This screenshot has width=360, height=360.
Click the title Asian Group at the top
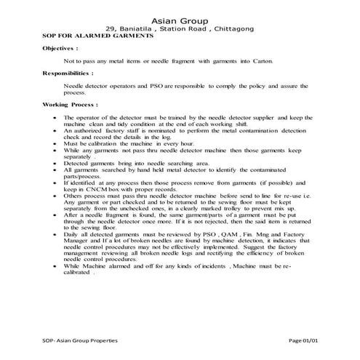pos(180,20)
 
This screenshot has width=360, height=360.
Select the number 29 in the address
pos(111,28)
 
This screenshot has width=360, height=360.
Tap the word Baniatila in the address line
pos(136,28)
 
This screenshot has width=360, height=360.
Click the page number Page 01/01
pos(304,341)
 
